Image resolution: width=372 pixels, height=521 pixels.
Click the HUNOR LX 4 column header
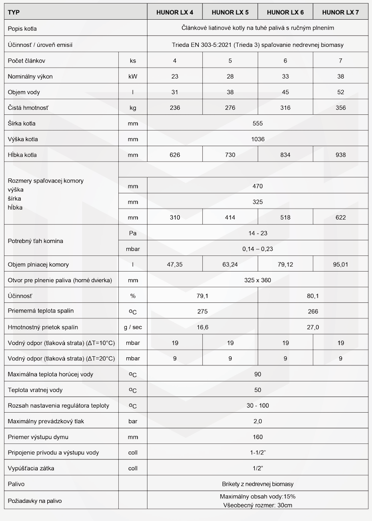[x=175, y=12]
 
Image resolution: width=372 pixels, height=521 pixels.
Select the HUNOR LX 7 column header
[x=340, y=12]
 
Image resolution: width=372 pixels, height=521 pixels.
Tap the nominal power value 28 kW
[x=230, y=76]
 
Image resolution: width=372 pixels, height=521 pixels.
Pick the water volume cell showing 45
[x=285, y=92]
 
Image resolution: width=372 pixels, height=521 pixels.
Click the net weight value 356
[x=341, y=107]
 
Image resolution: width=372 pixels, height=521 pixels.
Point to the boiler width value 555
[x=258, y=123]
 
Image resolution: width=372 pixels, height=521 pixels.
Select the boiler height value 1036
[x=258, y=139]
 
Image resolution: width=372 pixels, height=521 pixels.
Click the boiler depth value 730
[x=230, y=155]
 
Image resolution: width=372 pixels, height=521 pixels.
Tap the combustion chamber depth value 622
[x=341, y=217]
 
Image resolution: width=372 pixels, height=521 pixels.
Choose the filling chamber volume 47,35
[x=175, y=264]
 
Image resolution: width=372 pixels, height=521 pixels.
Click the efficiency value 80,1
[x=313, y=296]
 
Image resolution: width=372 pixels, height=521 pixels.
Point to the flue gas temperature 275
[x=202, y=311]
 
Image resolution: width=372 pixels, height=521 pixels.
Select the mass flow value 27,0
[x=313, y=327]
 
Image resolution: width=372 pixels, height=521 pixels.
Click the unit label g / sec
[x=133, y=327]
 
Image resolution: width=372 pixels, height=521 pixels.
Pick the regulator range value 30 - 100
[x=258, y=405]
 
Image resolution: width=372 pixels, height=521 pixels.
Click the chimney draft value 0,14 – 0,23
[x=258, y=248]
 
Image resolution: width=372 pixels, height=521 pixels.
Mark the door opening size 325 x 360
[x=258, y=280]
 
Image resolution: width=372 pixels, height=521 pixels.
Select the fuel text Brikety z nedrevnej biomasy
[x=258, y=484]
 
